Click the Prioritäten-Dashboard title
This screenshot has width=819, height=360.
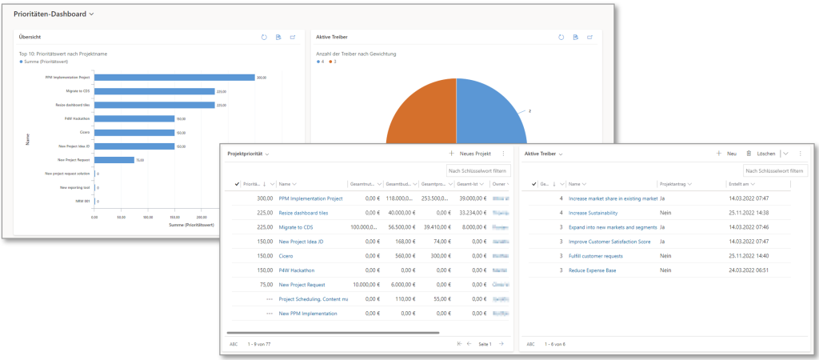pyautogui.click(x=50, y=14)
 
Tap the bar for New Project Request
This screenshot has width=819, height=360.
pyautogui.click(x=114, y=160)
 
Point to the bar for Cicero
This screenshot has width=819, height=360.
pyautogui.click(x=134, y=133)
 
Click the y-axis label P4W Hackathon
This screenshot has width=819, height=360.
pyautogui.click(x=78, y=118)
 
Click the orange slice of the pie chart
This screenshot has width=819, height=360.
pyautogui.click(x=420, y=120)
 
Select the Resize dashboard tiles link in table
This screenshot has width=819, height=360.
pyautogui.click(x=303, y=213)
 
